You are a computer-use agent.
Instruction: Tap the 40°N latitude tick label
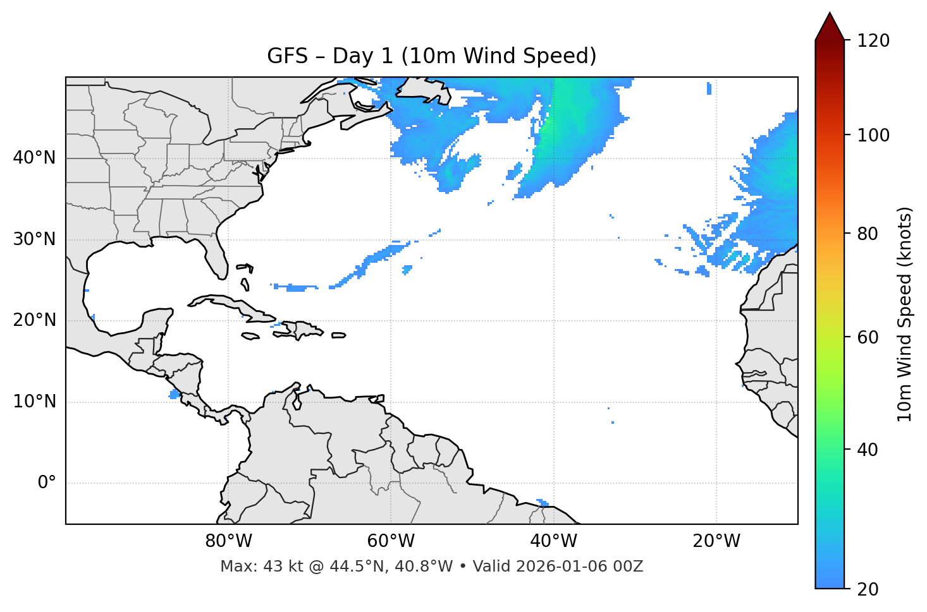pos(34,158)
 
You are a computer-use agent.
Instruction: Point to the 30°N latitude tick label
pos(34,239)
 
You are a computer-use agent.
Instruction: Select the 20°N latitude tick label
pos(34,320)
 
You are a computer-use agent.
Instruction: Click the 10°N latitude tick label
pos(34,402)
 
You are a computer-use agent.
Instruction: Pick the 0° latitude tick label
pos(47,483)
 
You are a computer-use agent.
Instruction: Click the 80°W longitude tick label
pos(228,541)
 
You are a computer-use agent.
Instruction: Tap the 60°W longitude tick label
pos(391,541)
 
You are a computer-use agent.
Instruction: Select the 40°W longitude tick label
pos(553,541)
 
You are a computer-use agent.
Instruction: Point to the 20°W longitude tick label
pos(716,541)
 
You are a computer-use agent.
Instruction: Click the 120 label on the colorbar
pos(873,41)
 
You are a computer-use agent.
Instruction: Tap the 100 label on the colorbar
pos(873,135)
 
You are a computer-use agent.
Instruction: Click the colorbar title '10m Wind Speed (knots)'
pos(905,314)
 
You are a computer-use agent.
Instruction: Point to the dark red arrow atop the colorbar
pos(829,27)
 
